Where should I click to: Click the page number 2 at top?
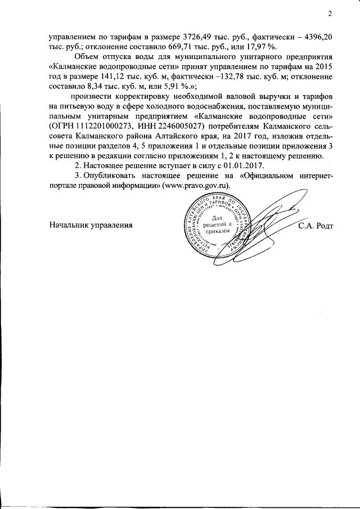tap(331, 14)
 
